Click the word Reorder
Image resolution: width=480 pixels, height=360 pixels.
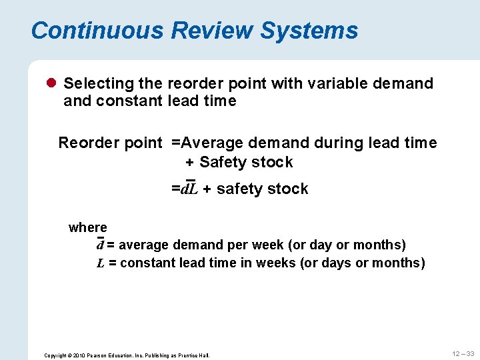click(x=83, y=143)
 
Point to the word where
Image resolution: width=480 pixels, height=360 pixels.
click(x=87, y=227)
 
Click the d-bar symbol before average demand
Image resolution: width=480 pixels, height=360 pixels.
click(x=101, y=245)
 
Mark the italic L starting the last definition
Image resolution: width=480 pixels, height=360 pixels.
click(x=101, y=263)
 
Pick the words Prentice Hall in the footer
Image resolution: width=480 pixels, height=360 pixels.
click(x=195, y=355)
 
